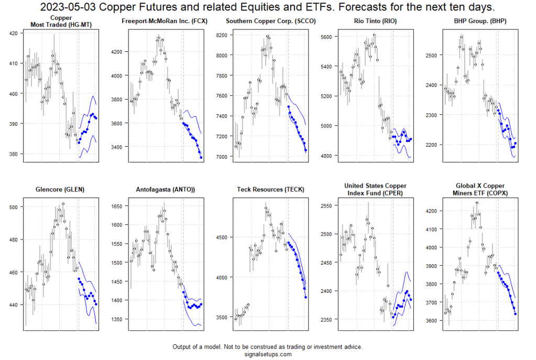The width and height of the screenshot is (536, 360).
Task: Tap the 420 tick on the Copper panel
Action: pyautogui.click(x=13, y=33)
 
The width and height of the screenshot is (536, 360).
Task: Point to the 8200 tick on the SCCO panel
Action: pyautogui.click(x=220, y=35)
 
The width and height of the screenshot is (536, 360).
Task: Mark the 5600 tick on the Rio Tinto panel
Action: pyautogui.click(x=325, y=37)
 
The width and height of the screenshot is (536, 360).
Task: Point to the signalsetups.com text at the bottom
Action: pyautogui.click(x=267, y=354)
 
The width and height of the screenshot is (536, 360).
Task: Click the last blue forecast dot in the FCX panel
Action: pyautogui.click(x=201, y=158)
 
